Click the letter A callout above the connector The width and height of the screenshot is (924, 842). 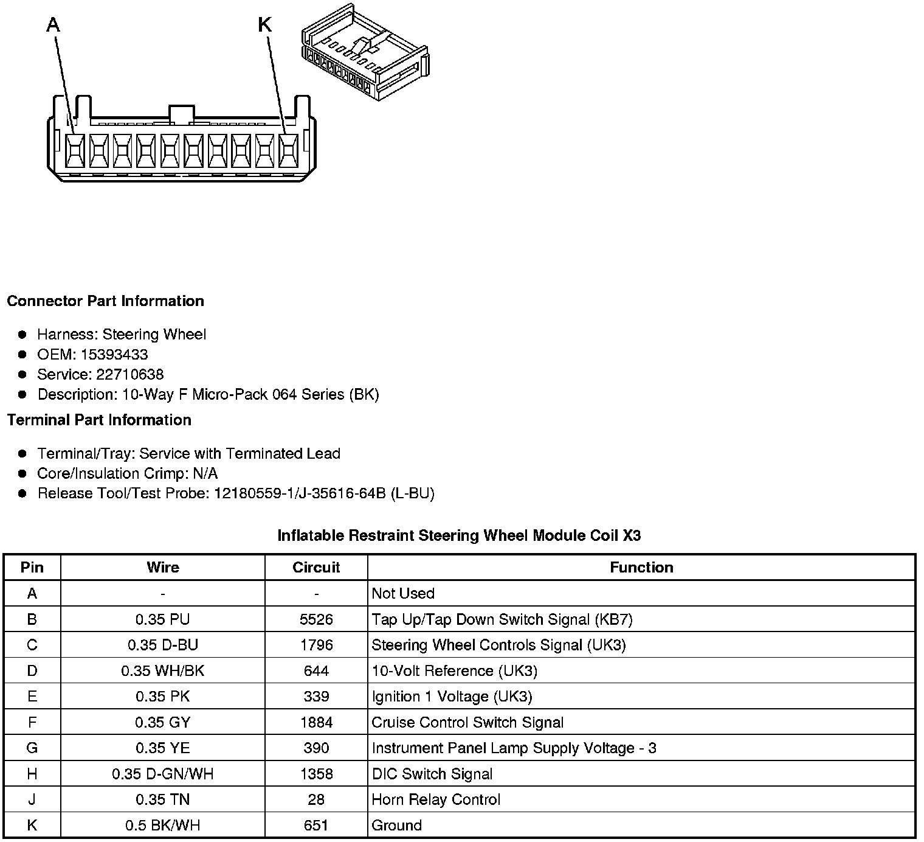tap(53, 25)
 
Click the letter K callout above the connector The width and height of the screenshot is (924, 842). tap(265, 25)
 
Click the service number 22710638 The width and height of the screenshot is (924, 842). tap(129, 375)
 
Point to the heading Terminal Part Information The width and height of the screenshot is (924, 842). tap(99, 420)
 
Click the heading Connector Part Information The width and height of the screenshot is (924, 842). tap(105, 301)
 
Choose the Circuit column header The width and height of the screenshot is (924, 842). tap(316, 568)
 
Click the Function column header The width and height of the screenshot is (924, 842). tap(641, 568)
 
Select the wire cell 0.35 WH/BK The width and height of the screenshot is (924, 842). tap(163, 671)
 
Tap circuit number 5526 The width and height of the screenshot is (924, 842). tap(316, 620)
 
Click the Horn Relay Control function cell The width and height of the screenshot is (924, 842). tap(436, 799)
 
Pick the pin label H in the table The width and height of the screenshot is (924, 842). tap(32, 774)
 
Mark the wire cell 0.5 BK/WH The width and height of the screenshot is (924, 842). tap(163, 826)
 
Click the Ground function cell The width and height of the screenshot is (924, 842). tap(396, 826)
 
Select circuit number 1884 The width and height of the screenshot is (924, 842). tap(316, 723)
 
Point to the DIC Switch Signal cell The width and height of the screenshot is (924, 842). tap(432, 774)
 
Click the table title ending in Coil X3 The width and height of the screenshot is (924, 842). tap(459, 535)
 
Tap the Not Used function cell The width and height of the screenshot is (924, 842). tap(403, 594)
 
